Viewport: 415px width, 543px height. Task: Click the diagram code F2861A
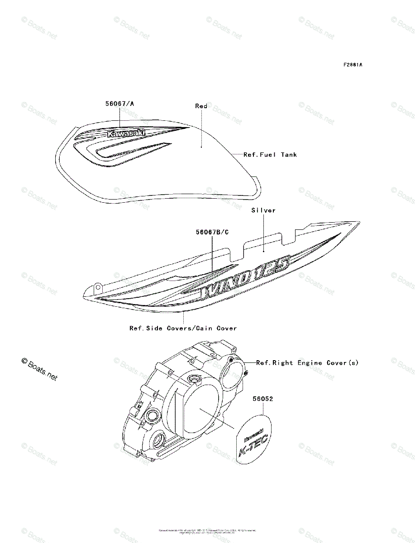(353, 65)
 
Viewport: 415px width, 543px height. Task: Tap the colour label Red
(201, 106)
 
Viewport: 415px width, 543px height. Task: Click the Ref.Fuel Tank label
(270, 155)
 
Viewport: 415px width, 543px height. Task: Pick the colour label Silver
(263, 210)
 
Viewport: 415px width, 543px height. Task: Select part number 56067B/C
(212, 232)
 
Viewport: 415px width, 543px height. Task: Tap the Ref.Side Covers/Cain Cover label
(183, 328)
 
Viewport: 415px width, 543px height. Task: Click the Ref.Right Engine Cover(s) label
(307, 362)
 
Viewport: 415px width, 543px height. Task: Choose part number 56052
(263, 400)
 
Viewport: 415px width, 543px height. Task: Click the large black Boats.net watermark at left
(40, 369)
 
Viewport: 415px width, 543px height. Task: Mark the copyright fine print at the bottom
(207, 531)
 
